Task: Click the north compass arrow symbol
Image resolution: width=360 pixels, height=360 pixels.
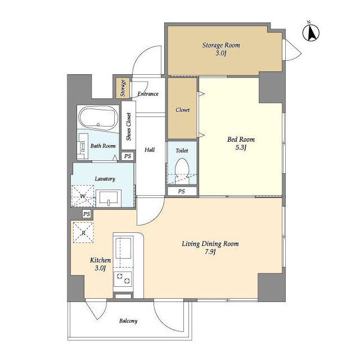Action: (311, 33)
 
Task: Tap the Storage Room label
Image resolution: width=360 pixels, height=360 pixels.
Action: (221, 45)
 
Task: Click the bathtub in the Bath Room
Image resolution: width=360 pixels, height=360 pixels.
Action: (98, 118)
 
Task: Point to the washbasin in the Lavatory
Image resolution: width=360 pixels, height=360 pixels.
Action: (109, 198)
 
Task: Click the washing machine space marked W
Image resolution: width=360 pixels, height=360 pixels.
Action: (83, 196)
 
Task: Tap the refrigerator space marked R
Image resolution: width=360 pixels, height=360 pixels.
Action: (83, 232)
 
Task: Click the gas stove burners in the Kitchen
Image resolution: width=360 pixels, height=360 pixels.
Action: (123, 279)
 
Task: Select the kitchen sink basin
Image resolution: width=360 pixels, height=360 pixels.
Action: (123, 249)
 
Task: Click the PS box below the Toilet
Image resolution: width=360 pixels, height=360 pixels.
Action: (182, 191)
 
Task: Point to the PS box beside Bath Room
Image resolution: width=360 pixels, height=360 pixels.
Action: (128, 156)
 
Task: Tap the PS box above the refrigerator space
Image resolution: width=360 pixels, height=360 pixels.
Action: (87, 214)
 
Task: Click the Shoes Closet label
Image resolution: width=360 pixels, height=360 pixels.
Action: (129, 127)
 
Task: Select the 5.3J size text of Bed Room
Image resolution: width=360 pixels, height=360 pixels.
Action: (241, 147)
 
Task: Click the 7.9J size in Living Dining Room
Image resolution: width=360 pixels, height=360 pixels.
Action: (210, 252)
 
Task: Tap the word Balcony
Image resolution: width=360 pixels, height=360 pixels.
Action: (128, 321)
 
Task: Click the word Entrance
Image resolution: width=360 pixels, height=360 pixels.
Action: (148, 94)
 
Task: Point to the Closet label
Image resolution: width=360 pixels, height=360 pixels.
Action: (182, 110)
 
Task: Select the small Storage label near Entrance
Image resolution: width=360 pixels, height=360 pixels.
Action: (123, 88)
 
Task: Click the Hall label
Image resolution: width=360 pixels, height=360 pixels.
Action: (150, 150)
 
